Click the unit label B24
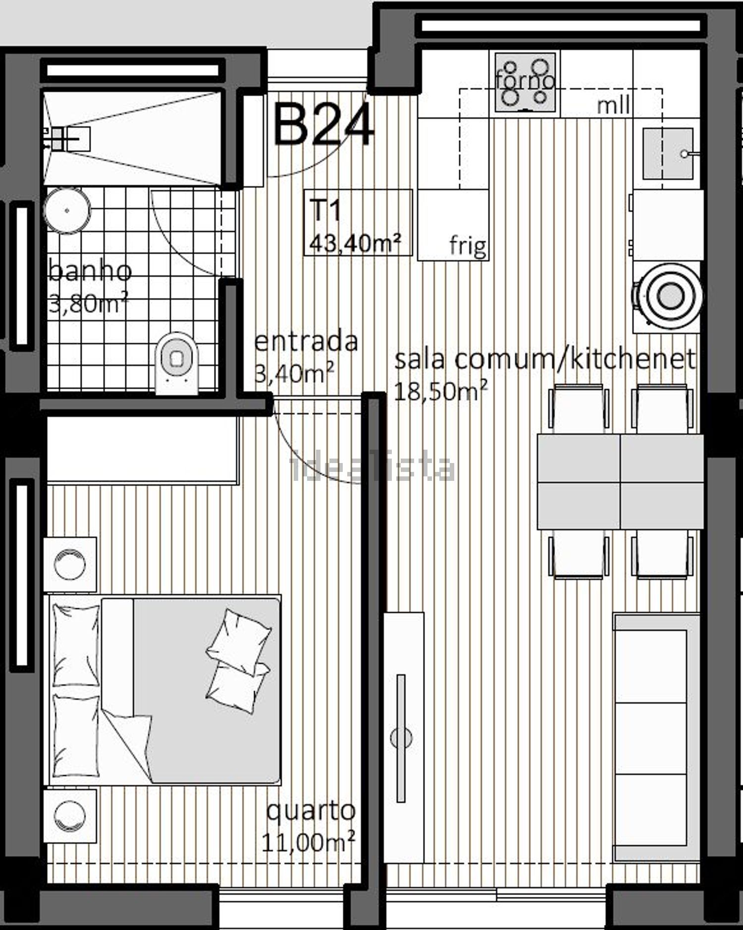(x=323, y=125)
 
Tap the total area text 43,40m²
(x=355, y=243)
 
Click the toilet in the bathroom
(x=176, y=362)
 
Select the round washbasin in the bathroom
(x=67, y=210)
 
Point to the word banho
(x=90, y=271)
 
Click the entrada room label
(x=306, y=342)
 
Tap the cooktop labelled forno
(x=525, y=82)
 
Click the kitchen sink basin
(x=668, y=154)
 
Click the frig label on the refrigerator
(x=468, y=245)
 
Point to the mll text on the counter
(x=613, y=105)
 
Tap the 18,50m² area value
(x=440, y=391)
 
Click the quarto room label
(x=311, y=810)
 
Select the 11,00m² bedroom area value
(x=308, y=842)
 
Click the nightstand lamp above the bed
(x=70, y=564)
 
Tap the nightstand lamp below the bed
(x=70, y=815)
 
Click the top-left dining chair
(x=579, y=409)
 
